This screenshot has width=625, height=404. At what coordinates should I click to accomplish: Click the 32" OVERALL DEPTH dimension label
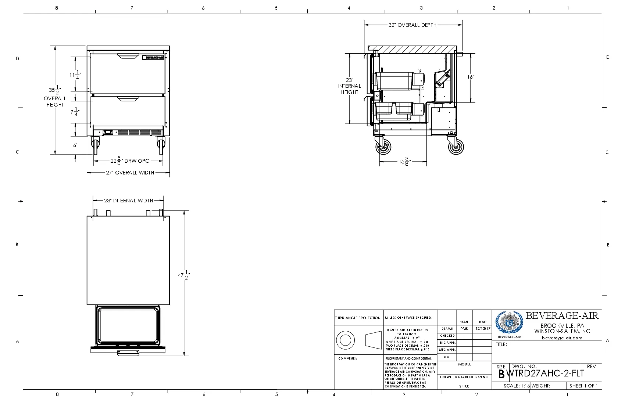pyautogui.click(x=413, y=25)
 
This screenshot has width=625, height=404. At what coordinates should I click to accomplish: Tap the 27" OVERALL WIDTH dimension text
pyautogui.click(x=130, y=173)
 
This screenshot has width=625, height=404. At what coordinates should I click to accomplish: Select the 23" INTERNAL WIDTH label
pyautogui.click(x=128, y=201)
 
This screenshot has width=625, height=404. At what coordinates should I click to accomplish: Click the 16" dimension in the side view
pyautogui.click(x=471, y=77)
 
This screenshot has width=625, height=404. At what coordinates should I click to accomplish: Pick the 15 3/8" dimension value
pyautogui.click(x=404, y=161)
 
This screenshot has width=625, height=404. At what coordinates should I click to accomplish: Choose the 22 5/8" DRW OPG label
pyautogui.click(x=130, y=161)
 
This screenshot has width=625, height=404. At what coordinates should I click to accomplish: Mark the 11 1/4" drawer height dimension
pyautogui.click(x=75, y=75)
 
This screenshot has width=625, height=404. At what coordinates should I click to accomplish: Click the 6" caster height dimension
pyautogui.click(x=75, y=145)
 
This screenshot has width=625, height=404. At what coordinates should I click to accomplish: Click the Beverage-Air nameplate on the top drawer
pyautogui.click(x=153, y=57)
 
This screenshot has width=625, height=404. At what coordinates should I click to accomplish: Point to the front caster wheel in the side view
pyautogui.click(x=383, y=148)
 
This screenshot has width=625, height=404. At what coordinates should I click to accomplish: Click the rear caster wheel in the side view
pyautogui.click(x=456, y=148)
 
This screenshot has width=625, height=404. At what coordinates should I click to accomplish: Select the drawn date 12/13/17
pyautogui.click(x=483, y=329)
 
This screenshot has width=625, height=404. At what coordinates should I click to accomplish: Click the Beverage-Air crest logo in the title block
pyautogui.click(x=509, y=323)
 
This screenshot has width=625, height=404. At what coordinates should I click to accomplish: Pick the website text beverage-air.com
pyautogui.click(x=562, y=338)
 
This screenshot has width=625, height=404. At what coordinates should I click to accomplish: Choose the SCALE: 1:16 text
pyautogui.click(x=517, y=386)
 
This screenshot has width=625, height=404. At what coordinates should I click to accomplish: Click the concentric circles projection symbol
pyautogui.click(x=345, y=340)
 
